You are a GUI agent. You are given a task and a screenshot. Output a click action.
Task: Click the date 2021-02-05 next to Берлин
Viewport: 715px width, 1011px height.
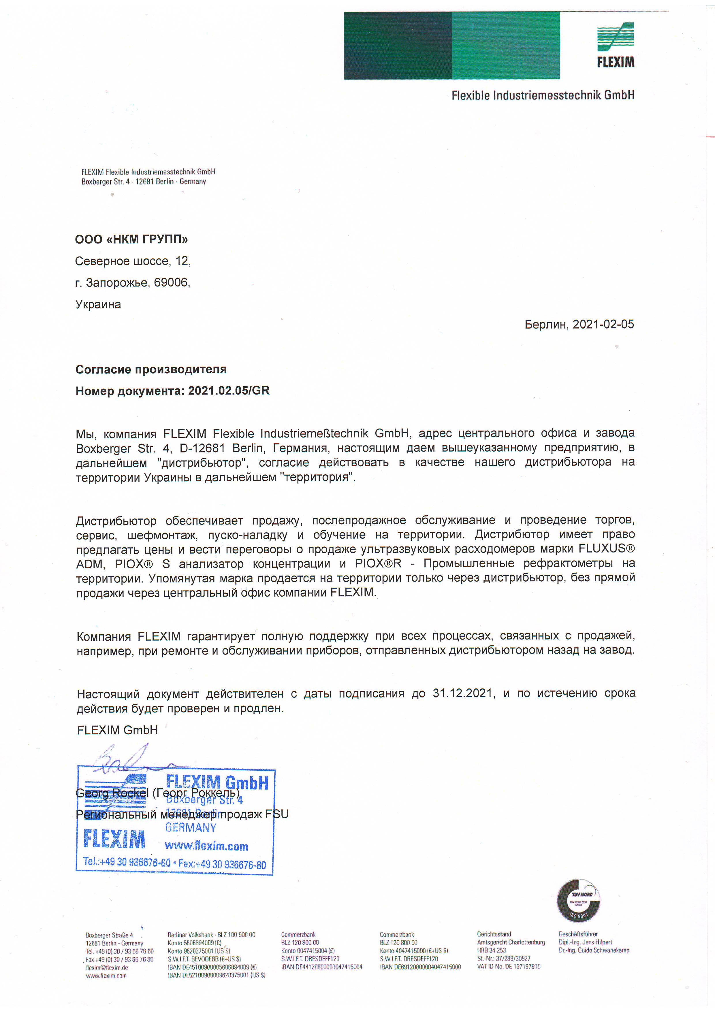603,325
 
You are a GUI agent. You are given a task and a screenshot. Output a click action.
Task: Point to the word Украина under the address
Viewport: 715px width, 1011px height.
98,304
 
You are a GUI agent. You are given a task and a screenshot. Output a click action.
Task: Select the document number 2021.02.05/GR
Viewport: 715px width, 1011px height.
229,391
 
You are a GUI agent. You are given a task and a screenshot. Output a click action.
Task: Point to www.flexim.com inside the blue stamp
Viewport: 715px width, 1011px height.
206,846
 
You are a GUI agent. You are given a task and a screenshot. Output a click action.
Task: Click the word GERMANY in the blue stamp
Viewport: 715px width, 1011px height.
191,827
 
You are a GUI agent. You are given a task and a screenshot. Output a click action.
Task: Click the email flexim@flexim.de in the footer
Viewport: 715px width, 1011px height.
107,967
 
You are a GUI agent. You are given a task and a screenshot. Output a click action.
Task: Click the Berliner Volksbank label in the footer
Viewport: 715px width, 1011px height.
191,934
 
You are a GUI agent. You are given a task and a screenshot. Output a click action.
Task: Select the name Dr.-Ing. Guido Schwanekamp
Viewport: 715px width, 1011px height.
594,950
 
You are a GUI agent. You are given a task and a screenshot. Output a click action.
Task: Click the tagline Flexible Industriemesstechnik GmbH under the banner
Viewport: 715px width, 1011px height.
543,95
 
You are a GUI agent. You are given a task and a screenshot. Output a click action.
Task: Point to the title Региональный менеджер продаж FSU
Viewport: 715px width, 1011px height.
182,814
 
